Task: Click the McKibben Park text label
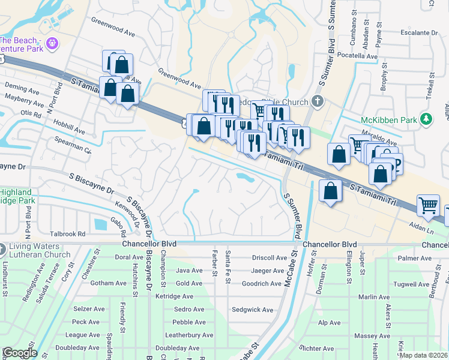point(389,120)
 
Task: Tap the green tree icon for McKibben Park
point(426,119)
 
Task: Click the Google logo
point(19,353)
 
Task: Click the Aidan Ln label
point(420,230)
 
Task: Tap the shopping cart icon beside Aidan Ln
point(429,205)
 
